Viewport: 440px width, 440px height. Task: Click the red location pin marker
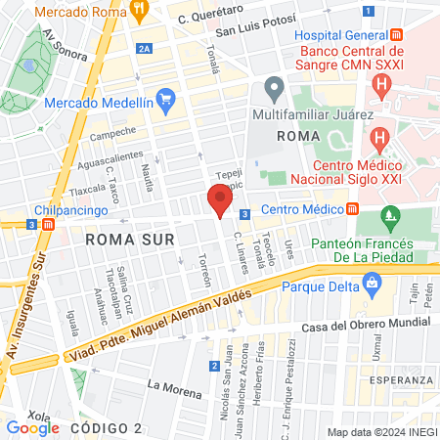(220, 200)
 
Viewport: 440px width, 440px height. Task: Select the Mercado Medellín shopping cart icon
(165, 99)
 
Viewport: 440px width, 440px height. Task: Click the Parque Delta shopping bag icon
(371, 284)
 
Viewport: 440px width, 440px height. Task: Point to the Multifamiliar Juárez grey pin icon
(275, 91)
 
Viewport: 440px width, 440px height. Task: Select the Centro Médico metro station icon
(352, 208)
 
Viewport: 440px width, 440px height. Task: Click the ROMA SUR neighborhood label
(129, 239)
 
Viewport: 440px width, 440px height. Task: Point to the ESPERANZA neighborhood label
(402, 380)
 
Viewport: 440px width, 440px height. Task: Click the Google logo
(32, 427)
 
